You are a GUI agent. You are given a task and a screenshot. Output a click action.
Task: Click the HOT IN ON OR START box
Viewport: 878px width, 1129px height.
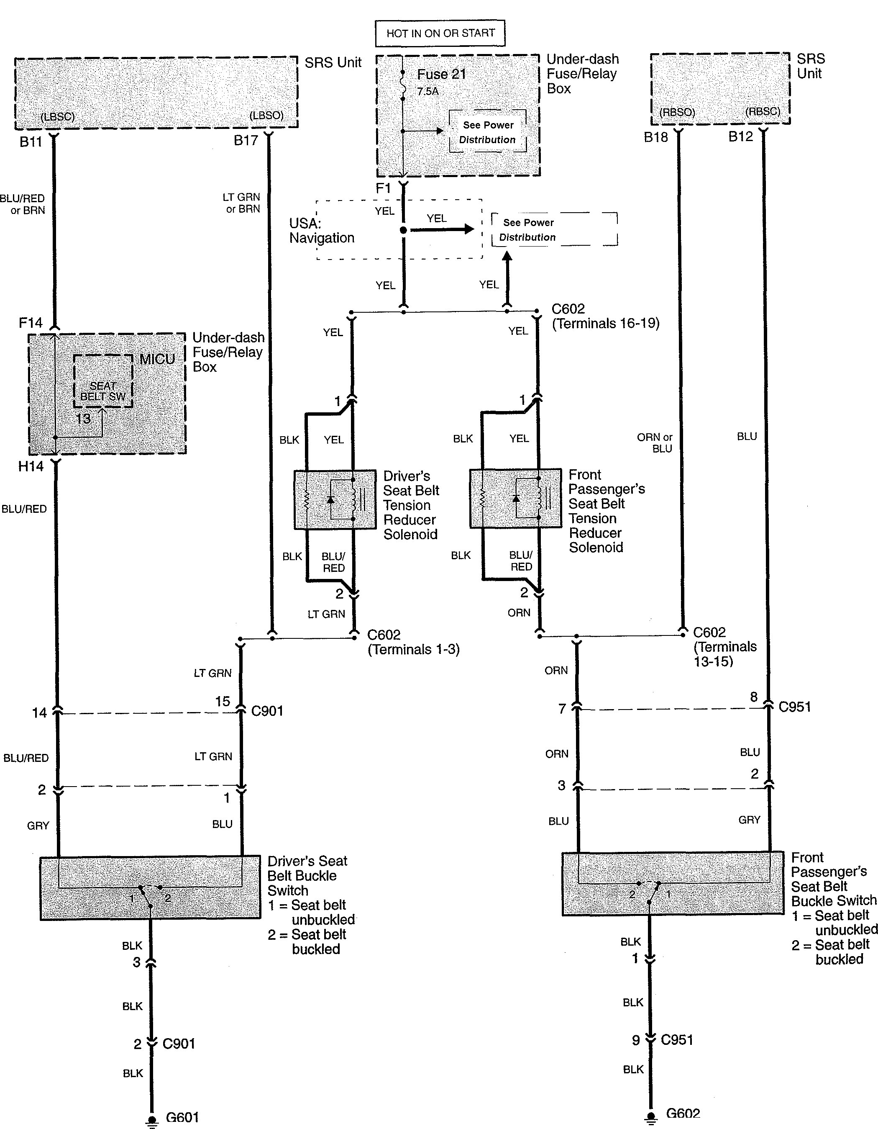[x=440, y=33]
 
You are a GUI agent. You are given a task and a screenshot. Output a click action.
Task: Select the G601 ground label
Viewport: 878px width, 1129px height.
[x=182, y=1117]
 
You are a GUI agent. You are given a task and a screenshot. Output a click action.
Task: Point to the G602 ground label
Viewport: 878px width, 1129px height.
[x=683, y=1114]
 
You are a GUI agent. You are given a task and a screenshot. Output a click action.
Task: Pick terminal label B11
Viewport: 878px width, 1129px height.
[x=31, y=141]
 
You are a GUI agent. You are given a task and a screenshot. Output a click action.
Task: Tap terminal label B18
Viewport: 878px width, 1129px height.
[x=655, y=137]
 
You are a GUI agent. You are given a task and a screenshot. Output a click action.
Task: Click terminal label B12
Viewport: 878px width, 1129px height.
[x=741, y=137]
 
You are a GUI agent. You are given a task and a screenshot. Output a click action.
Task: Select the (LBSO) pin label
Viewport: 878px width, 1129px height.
[x=266, y=115]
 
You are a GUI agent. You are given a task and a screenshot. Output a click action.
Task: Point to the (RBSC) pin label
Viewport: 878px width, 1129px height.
[x=762, y=112]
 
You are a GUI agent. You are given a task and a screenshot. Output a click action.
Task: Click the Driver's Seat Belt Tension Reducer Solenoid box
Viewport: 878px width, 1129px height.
[x=335, y=499]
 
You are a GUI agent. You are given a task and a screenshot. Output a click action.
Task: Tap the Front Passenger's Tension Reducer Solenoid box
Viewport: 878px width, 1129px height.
[x=515, y=498]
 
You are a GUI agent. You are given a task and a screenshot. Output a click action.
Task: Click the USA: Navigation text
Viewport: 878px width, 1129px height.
[x=321, y=231]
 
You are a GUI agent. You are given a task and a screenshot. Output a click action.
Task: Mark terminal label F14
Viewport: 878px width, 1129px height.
[x=31, y=323]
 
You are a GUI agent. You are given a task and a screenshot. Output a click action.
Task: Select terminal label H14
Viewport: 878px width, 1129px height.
[x=31, y=466]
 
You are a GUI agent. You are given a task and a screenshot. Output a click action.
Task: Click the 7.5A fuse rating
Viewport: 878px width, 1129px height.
[x=427, y=92]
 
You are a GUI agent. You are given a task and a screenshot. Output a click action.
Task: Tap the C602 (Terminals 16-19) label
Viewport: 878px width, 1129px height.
[x=605, y=316]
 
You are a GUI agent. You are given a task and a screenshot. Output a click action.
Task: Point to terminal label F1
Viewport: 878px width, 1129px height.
[x=383, y=189]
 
